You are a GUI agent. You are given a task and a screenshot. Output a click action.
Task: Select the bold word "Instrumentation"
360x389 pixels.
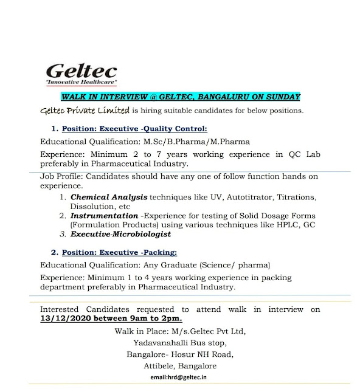105,215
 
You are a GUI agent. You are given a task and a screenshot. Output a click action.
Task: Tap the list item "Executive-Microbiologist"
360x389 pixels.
121,233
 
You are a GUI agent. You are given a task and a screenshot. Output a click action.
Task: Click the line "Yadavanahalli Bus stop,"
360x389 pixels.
165,343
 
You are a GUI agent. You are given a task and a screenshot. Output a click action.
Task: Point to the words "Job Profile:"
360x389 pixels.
60,177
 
